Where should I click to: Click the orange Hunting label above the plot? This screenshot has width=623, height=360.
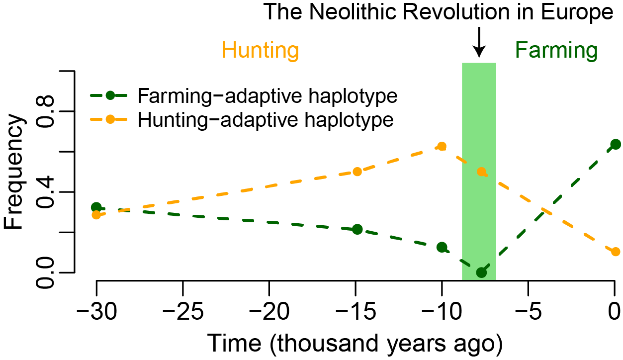260,51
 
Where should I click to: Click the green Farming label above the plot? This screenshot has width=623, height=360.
556,51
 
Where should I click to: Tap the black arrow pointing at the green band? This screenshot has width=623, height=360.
479,42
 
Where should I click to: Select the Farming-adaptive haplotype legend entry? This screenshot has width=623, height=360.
244,96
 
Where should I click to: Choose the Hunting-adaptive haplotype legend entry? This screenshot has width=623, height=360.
242,120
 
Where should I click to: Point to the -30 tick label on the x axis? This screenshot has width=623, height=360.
96,311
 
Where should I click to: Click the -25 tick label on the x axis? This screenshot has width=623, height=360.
183,311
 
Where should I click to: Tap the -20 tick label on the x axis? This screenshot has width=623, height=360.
269,311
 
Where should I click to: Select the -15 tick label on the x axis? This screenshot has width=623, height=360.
356,311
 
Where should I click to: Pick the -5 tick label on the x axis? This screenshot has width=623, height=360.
529,311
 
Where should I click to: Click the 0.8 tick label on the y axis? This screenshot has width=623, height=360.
45,111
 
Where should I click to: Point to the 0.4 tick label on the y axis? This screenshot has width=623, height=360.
45,192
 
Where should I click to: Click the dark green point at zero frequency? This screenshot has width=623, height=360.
481,272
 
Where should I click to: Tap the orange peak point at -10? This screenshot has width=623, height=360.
442,146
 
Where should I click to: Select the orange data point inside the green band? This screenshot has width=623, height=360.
481,172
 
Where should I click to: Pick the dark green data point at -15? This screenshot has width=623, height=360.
357,229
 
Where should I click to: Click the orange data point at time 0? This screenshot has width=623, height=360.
616,252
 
